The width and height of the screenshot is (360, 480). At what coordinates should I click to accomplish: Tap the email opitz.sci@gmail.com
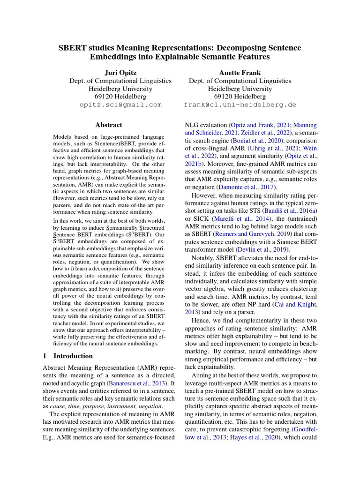[121, 105]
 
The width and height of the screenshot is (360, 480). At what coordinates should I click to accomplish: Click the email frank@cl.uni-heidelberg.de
[240, 105]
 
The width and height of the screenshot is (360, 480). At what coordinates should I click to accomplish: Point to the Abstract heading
[108, 125]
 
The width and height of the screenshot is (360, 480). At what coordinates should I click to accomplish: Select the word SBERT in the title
[73, 48]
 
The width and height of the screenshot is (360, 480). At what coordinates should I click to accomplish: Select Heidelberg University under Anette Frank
[240, 89]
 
